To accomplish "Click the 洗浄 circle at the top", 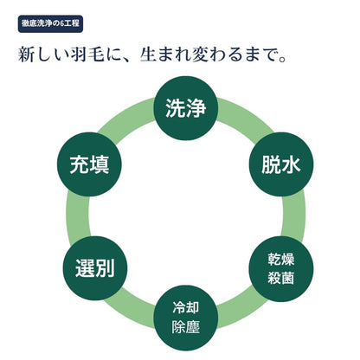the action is (x=186, y=108).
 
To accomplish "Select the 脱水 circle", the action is (x=281, y=164).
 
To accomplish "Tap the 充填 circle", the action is (x=89, y=164).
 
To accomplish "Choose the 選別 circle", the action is (x=95, y=268).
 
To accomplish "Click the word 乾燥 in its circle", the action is (x=281, y=259).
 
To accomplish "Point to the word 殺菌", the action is (x=281, y=278).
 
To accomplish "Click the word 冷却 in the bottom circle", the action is (x=186, y=308).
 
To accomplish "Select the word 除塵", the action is (x=186, y=327).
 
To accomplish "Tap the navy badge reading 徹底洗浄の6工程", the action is (x=50, y=23).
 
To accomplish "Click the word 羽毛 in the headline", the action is (x=87, y=54).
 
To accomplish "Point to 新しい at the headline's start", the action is (x=43, y=54).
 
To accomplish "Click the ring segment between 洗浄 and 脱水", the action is (x=245, y=117).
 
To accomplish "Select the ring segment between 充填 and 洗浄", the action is (x=126, y=117).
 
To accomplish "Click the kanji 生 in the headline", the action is (x=148, y=54).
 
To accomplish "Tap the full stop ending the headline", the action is (x=282, y=59).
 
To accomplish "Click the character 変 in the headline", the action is (x=201, y=54).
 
